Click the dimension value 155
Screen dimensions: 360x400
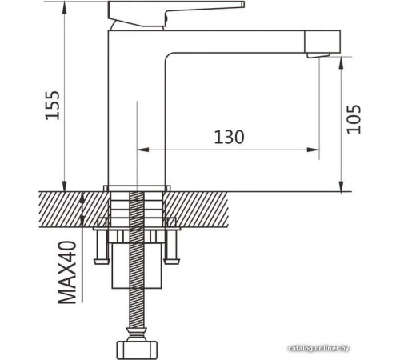pos(52,104)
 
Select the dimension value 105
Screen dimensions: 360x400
pos(356,118)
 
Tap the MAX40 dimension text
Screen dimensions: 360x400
pos(67,274)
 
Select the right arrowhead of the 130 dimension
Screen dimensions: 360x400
pos(315,149)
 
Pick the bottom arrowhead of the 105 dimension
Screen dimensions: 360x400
pos(342,186)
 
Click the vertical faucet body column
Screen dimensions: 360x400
pos(136,112)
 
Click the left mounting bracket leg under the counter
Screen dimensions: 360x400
pos(101,248)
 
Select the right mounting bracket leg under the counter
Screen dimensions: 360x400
pos(173,248)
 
